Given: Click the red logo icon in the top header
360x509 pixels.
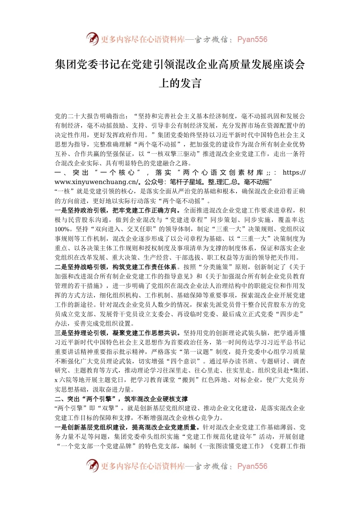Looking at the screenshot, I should [92, 39].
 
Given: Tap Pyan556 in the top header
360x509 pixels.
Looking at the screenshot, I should [252, 39].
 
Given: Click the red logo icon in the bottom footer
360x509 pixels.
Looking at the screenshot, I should [92, 466].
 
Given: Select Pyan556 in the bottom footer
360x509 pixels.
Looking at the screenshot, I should [252, 466].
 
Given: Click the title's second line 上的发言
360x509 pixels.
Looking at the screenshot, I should [180, 83].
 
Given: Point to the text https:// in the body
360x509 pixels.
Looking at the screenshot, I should [294, 173].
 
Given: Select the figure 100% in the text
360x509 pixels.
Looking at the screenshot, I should [62, 229].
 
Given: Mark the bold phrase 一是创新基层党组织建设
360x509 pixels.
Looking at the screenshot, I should [90, 427].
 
